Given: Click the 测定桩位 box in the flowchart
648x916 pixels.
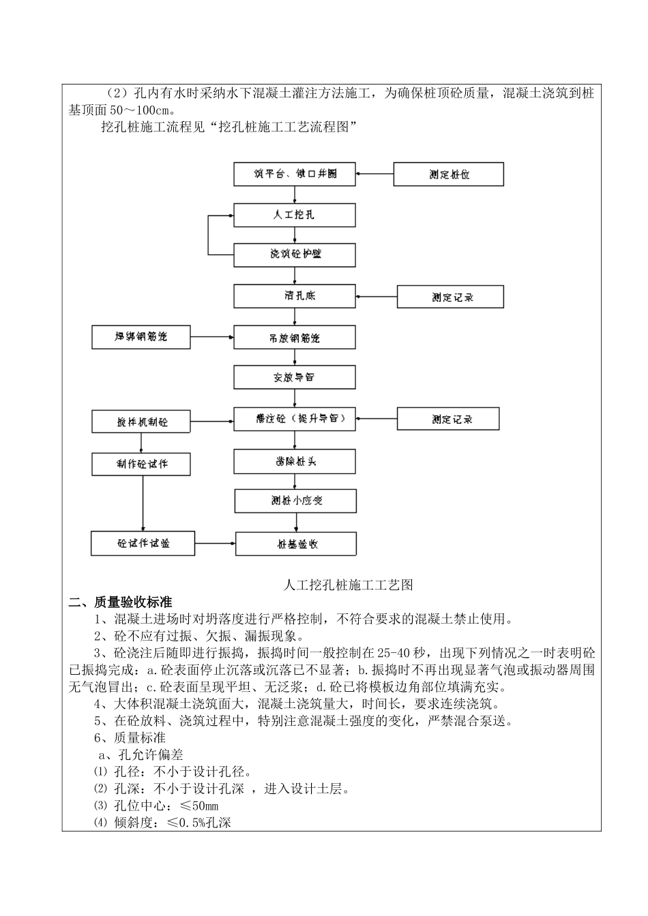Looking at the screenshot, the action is tap(449, 174).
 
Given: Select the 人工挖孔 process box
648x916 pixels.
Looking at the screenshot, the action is tap(295, 215).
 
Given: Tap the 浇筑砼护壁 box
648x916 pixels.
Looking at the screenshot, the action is tap(295, 255).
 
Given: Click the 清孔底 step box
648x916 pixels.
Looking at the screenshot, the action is tap(295, 296).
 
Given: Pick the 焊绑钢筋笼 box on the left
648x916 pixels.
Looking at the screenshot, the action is tap(141, 337).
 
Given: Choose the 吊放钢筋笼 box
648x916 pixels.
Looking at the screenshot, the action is tap(295, 337).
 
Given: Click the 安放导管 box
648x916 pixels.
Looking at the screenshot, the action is tap(295, 377).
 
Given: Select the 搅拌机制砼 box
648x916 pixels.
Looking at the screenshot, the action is tap(141, 422).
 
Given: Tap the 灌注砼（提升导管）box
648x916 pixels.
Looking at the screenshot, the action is tap(295, 418).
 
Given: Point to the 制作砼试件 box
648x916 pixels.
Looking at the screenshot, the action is tap(141, 464).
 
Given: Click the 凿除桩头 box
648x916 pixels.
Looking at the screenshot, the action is tap(295, 461).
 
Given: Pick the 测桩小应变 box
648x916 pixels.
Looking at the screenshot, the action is tap(295, 501).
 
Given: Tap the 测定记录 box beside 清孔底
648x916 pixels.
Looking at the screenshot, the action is tap(451, 297).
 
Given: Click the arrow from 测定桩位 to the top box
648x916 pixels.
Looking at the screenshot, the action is tap(374, 174).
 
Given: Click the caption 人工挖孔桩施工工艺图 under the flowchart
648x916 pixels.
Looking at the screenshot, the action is tap(349, 584).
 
